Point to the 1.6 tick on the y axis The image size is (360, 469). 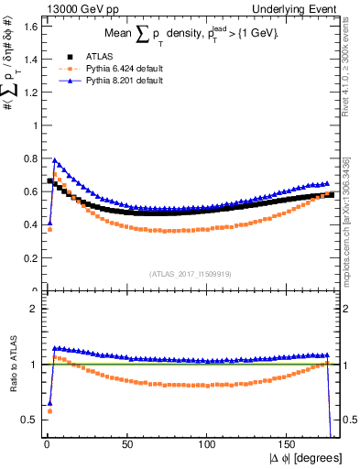[x=27, y=26]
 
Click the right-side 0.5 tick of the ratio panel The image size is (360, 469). [x=347, y=420]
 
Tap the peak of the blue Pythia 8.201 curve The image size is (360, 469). [x=55, y=159]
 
